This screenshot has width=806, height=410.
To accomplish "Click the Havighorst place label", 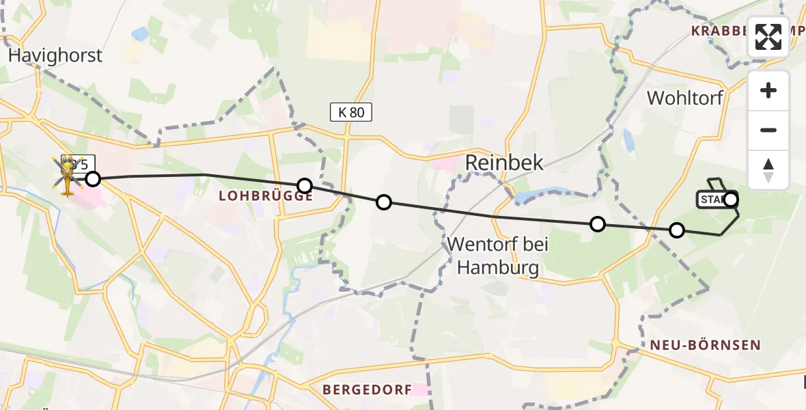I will point(55,55).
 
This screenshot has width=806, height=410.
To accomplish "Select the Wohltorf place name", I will point(684,98).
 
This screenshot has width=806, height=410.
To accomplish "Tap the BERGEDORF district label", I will point(367,389).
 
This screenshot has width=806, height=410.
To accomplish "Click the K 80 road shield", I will point(351,112).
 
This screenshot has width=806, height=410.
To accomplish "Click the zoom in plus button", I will point(768,90).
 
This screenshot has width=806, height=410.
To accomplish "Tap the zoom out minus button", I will point(768,130).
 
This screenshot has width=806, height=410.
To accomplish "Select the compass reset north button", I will point(768,169).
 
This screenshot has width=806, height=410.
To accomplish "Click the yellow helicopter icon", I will point(68,176).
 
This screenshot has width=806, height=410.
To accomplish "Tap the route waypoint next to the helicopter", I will point(93,179).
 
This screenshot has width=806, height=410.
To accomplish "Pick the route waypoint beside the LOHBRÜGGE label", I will point(305,186).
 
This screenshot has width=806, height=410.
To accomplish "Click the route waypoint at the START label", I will point(731,200).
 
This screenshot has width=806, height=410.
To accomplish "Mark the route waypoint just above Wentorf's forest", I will point(598,224).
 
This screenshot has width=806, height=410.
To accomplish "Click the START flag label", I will point(712,200).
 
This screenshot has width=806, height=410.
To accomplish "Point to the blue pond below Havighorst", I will point(140,33).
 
